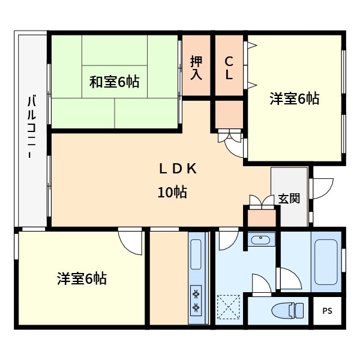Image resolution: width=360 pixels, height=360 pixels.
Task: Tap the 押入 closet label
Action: coord(196,68)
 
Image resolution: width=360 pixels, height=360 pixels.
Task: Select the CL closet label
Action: coord(229,68)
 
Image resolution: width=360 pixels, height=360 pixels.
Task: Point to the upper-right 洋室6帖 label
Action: coord(294,99)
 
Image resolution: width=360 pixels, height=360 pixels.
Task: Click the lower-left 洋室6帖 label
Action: coord(82,278)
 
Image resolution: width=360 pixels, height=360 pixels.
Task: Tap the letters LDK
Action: coord(178,169)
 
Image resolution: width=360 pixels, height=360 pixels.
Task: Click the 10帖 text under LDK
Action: coord(172,192)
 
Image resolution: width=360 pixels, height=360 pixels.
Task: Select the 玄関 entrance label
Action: coord(289,199)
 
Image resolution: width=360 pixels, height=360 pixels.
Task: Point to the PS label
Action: coord(326,311)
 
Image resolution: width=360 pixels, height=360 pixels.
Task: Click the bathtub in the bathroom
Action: coord(326,262)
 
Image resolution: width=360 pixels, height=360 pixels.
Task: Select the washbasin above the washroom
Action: coord(261,241)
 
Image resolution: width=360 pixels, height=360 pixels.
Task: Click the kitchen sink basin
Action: coord(196,254)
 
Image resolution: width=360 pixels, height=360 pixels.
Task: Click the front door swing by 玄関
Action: coord(322,188)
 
